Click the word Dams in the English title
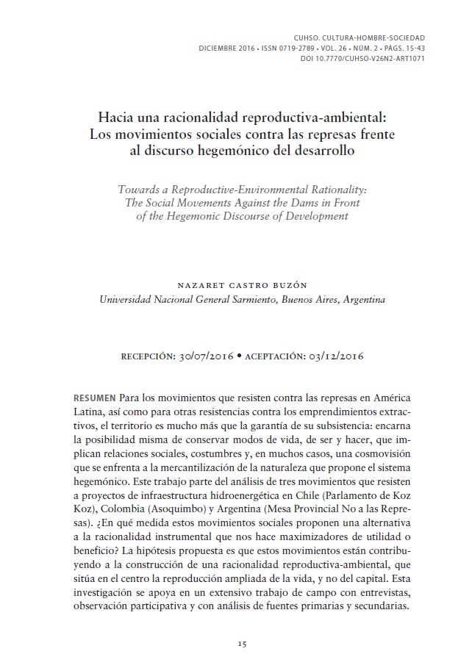tap(296, 203)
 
